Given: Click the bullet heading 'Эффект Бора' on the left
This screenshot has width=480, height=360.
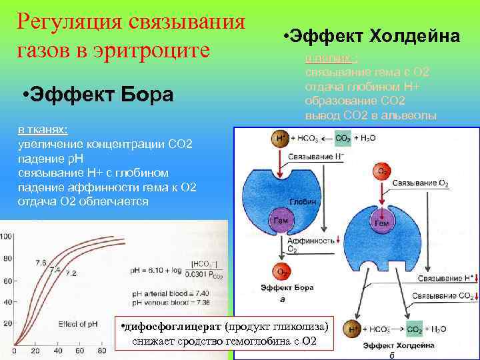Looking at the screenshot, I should [97, 95].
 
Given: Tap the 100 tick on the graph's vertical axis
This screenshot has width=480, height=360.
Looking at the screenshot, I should [6, 237].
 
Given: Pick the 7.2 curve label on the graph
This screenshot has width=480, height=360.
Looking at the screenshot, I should [71, 273].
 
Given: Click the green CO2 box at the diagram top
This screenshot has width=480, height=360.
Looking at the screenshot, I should [343, 139].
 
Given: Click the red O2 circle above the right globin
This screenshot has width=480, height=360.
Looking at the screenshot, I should [383, 172].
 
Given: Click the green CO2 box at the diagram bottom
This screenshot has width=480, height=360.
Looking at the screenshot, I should [415, 329].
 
